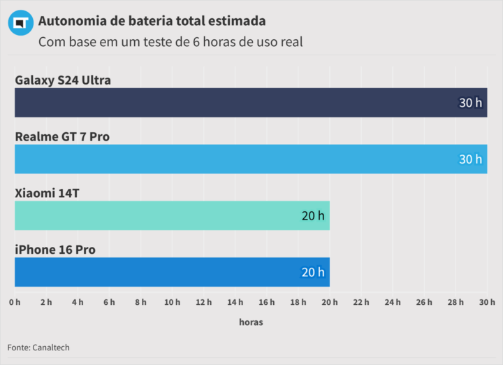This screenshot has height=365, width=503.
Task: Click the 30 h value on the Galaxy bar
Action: tap(470, 103)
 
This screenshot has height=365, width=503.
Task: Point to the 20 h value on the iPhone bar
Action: tap(313, 272)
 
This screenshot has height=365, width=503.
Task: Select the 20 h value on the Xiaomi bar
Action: tap(313, 215)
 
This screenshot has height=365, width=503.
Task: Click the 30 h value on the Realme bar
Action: tap(470, 159)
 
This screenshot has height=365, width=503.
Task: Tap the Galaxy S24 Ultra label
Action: tap(63, 80)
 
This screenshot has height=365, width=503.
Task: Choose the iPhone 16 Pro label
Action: tap(55, 250)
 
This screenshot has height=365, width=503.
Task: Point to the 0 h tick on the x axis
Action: tap(15, 302)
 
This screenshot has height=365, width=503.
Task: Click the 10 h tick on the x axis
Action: tap(172, 302)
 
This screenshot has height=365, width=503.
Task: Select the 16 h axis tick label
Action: tap(266, 302)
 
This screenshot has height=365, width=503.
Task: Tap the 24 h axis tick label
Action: tap(393, 302)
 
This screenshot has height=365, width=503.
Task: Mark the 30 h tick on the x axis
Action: tap(487, 302)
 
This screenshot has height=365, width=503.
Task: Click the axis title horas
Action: tap(251, 322)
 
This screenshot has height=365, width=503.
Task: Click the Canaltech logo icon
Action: tap(21, 23)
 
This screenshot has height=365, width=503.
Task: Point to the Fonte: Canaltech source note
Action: tap(38, 348)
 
